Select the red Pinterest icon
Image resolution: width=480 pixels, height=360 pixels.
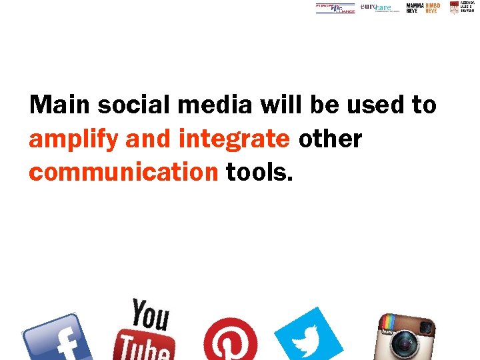pyautogui.click(x=231, y=340)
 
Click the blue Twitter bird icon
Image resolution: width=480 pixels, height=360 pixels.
pyautogui.click(x=307, y=337)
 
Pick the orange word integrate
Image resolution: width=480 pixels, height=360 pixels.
pyautogui.click(x=235, y=139)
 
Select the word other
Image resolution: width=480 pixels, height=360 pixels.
pyautogui.click(x=330, y=139)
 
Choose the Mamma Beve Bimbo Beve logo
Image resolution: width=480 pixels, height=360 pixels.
pyautogui.click(x=423, y=7)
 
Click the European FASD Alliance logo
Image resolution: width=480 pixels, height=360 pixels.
pyautogui.click(x=335, y=8)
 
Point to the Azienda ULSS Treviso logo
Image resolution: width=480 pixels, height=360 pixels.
pyautogui.click(x=467, y=7)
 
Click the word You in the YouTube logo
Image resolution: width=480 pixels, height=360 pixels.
pyautogui.click(x=149, y=314)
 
